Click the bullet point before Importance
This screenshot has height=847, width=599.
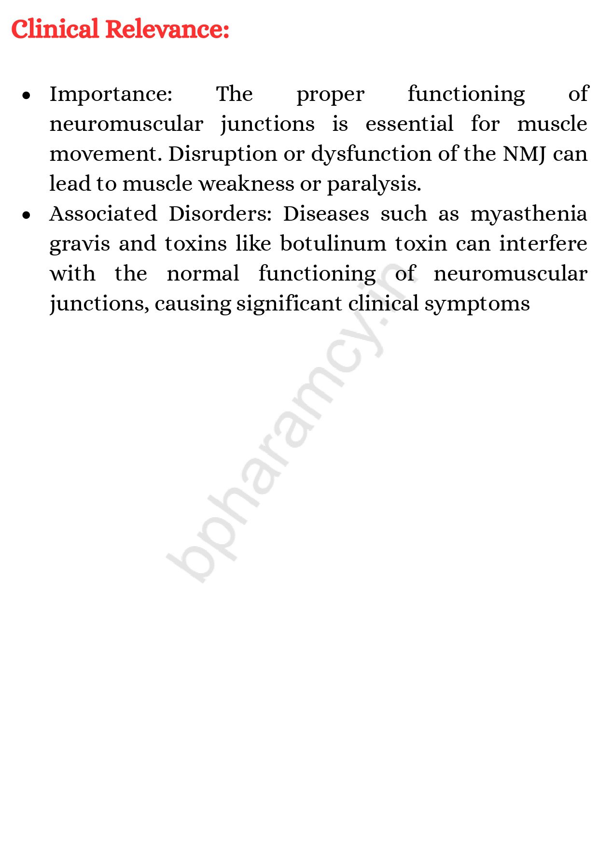(x=27, y=95)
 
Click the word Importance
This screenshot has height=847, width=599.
(x=111, y=94)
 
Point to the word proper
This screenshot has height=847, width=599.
(x=330, y=95)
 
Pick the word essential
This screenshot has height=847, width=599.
(x=409, y=124)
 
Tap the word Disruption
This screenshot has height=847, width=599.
(x=223, y=155)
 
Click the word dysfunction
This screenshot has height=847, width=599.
(x=372, y=155)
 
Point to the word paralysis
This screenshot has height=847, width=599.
(x=374, y=184)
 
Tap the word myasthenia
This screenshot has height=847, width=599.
(x=529, y=214)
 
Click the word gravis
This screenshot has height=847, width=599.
(x=80, y=244)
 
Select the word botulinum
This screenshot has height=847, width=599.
(x=333, y=244)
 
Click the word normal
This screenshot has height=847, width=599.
(x=203, y=274)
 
